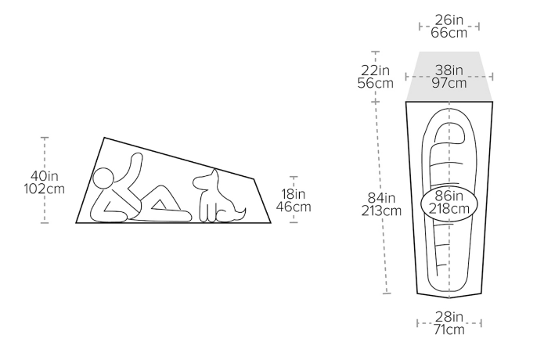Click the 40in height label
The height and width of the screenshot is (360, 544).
[45, 176]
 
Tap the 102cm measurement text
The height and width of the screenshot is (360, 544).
[45, 189]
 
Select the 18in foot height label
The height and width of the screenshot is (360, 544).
[294, 193]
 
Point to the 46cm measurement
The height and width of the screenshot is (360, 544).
[294, 207]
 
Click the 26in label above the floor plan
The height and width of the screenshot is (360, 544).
[449, 20]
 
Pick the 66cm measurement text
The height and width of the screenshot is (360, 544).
[449, 33]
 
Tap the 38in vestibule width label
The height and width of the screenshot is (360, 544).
[449, 70]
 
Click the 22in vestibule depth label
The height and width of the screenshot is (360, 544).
[376, 70]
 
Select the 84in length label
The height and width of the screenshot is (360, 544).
[381, 198]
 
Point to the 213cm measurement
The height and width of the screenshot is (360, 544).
[381, 211]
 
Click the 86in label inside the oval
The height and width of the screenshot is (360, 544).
[449, 196]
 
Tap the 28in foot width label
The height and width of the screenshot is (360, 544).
[449, 317]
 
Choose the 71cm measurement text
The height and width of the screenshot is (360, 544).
[449, 329]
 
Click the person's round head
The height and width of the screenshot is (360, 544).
[103, 178]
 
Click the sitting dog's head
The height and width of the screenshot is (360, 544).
[206, 180]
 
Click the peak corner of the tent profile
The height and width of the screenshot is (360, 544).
[104, 138]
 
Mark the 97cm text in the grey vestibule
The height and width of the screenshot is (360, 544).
[449, 83]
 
